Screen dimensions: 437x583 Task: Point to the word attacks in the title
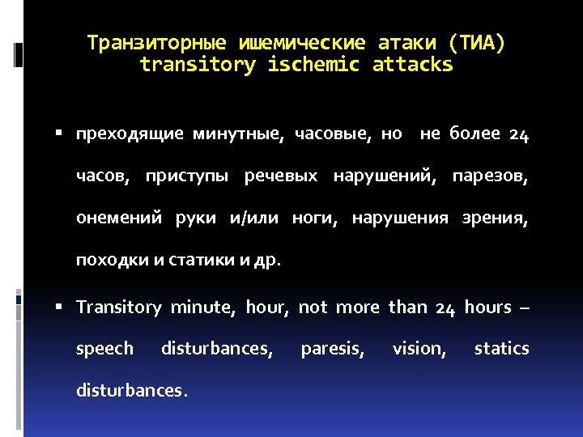(x=412, y=65)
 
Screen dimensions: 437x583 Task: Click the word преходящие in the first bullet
(x=130, y=134)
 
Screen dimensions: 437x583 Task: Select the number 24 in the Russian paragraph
(x=519, y=134)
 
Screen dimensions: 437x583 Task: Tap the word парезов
(x=491, y=176)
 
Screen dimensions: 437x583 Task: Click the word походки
(x=104, y=260)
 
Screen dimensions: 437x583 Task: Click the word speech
(x=104, y=349)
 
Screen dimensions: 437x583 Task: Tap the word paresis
(x=332, y=349)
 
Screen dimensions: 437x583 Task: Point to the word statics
(x=501, y=349)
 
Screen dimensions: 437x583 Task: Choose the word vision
(x=419, y=349)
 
